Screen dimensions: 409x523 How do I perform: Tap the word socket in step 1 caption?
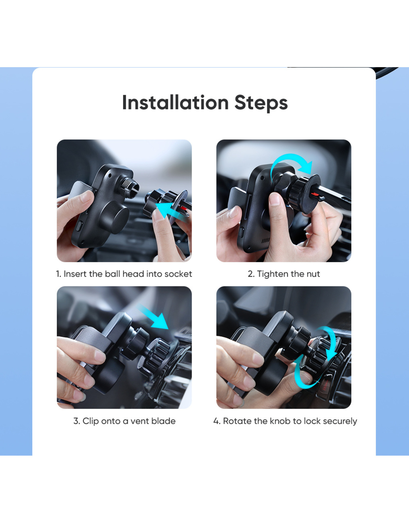point(178,274)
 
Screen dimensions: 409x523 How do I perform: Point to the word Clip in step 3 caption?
point(90,421)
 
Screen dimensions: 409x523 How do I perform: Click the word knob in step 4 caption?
point(280,421)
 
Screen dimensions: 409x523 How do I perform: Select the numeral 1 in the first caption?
point(58,274)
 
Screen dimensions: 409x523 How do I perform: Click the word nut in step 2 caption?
point(313,274)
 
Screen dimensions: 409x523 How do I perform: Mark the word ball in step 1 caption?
point(112,274)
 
